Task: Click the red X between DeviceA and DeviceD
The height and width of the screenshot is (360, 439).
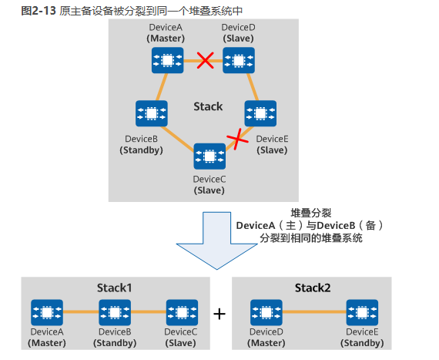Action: [x=206, y=59]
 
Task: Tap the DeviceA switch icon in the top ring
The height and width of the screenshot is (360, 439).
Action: [x=167, y=59]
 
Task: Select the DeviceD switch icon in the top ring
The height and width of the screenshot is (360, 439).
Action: [x=239, y=59]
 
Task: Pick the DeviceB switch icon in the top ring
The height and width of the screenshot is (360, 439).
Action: [x=151, y=113]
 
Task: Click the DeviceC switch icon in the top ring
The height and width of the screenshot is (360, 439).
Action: [x=209, y=156]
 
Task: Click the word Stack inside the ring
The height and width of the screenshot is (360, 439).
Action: [x=207, y=106]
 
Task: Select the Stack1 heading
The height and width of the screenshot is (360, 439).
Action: [x=115, y=288]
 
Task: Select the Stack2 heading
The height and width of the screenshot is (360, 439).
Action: [x=313, y=288]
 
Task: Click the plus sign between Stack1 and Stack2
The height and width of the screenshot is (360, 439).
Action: [x=219, y=314]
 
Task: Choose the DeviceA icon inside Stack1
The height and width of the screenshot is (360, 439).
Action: [x=47, y=312]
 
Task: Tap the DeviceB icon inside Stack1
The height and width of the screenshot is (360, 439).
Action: [x=115, y=312]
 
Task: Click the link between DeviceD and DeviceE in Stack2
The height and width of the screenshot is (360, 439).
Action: [x=313, y=312]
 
